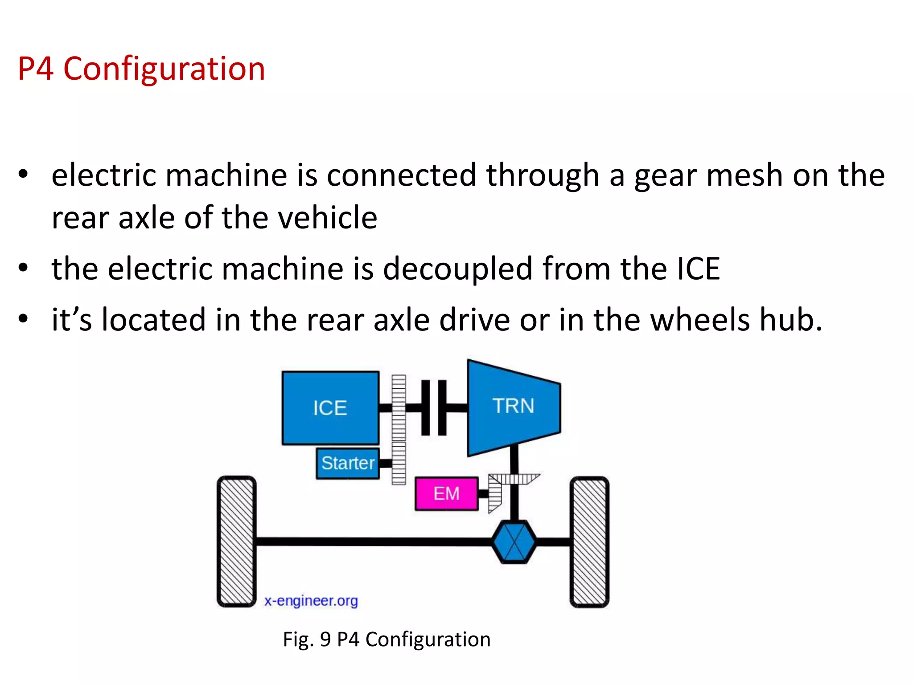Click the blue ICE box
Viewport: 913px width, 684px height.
point(330,407)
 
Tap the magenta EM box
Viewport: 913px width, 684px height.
point(446,493)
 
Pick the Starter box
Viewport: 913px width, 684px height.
point(348,463)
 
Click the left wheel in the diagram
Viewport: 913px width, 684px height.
point(237,541)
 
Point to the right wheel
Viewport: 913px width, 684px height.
point(589,541)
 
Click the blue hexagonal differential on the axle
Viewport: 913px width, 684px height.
point(514,541)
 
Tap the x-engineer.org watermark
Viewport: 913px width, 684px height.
point(311,601)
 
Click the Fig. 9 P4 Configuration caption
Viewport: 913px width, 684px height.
point(387,639)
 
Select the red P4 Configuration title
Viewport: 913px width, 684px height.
point(141,69)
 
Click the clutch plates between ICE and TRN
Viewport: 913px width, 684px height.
point(433,407)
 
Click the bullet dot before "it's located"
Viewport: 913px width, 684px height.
point(23,319)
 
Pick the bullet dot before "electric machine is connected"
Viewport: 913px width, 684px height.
point(23,175)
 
